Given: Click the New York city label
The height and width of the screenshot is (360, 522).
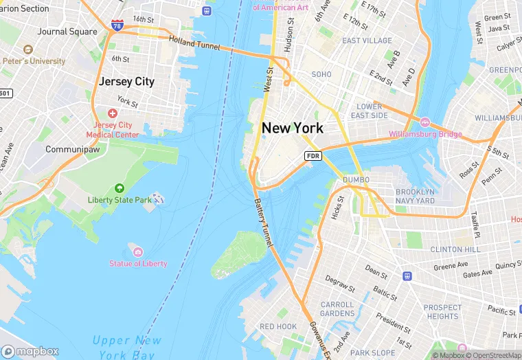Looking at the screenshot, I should pos(292,128).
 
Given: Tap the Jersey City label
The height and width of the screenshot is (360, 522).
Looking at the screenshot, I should pos(126,81).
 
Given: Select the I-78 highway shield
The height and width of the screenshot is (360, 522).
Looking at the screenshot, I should pos(118,26).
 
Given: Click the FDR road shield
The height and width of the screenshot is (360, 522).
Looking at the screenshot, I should pos(313,156).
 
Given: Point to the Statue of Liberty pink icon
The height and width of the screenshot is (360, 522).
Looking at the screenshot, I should pos(138,252).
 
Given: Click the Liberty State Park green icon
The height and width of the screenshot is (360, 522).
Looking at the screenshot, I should pos(120,188).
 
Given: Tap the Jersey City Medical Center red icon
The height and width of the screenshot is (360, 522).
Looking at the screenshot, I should pos(113,113).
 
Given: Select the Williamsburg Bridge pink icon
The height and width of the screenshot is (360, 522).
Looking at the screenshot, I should pos(424,122).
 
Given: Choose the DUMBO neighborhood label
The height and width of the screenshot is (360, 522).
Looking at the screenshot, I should pos(356,180).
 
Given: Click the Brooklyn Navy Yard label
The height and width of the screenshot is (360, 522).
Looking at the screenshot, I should pos(415,196).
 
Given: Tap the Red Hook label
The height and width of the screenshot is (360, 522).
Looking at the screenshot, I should pos(277,326).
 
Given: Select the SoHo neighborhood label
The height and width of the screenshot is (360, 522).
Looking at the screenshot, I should pos(321,74).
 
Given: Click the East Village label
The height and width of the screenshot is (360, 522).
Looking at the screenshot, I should pos(367,41).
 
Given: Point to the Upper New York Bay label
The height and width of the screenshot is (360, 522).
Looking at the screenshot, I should pos(127,347).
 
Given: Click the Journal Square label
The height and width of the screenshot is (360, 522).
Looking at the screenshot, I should pos(67,32).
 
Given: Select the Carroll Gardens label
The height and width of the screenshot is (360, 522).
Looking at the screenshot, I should pos(337,308).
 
